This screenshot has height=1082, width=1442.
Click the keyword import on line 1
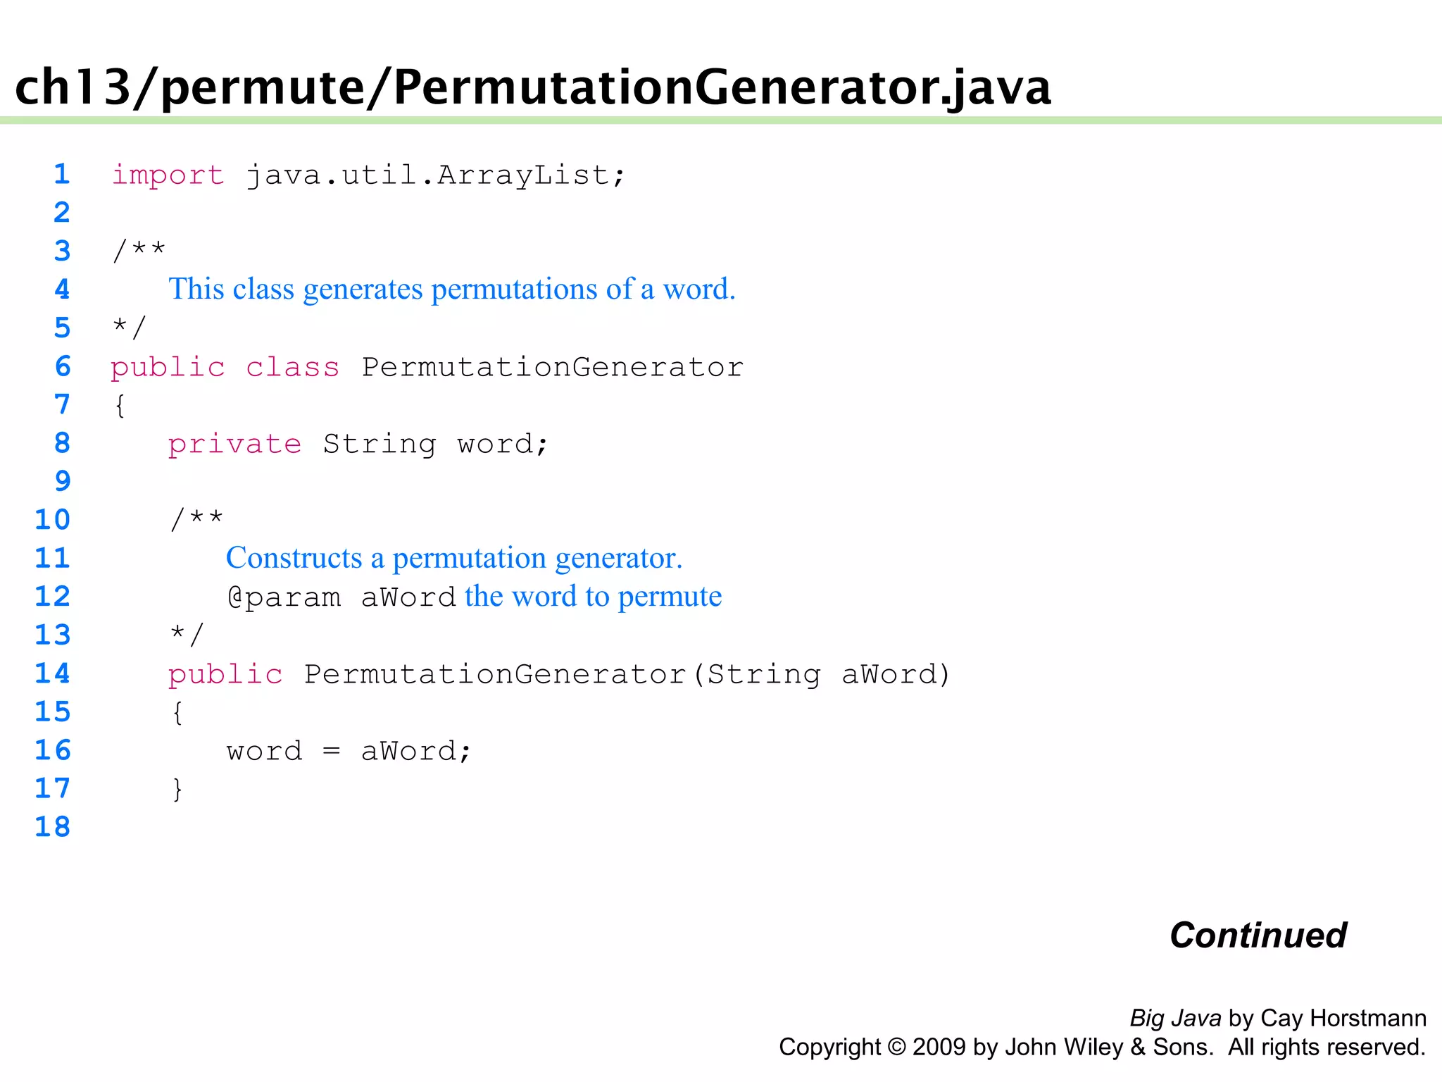coord(168,175)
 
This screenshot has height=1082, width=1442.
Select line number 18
coord(53,827)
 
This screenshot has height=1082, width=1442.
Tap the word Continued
coord(1258,935)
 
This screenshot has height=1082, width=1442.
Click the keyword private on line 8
coord(234,444)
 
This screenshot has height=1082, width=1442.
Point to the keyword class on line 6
coord(292,368)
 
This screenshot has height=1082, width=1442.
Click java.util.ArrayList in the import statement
coord(427,175)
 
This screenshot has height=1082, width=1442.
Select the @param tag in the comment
coord(284,597)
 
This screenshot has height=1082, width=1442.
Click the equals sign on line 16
coord(332,752)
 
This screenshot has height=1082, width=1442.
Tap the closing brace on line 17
coord(177,789)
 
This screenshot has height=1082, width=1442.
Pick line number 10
coord(53,520)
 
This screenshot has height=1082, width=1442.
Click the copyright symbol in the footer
coord(896,1047)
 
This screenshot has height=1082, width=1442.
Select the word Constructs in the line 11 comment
coord(294,558)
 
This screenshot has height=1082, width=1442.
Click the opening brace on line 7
coord(120,406)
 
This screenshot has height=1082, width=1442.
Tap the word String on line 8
coord(380,444)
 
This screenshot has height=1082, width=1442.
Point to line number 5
coord(63,328)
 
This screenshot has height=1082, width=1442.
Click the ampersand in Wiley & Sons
coord(1138,1047)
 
